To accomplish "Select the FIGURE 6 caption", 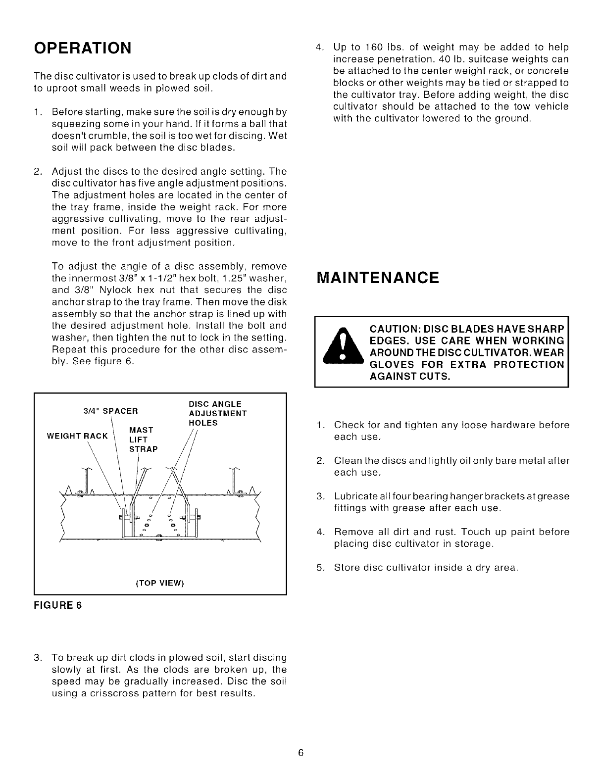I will coord(57,605).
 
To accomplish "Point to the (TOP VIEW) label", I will coord(160,583).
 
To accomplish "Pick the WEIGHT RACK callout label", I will coord(77,436).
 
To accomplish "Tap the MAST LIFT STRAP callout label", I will coord(143,439).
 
